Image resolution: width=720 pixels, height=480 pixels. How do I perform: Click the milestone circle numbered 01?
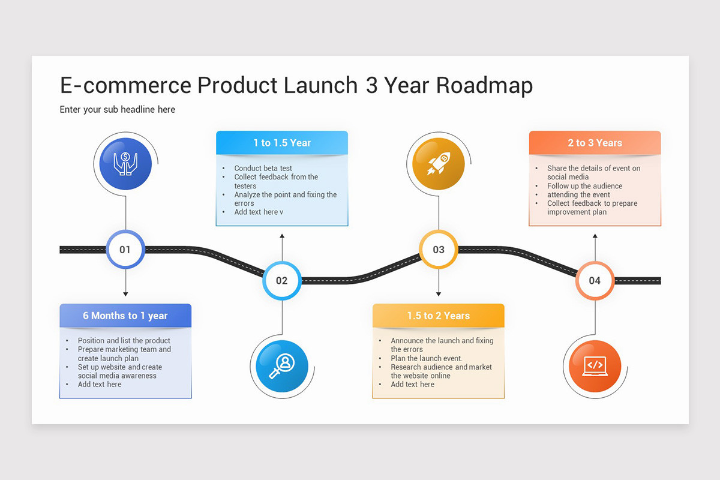pos(125,249)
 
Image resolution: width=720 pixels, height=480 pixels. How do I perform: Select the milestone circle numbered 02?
pos(281,280)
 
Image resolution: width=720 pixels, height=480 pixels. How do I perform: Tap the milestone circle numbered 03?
pos(439,249)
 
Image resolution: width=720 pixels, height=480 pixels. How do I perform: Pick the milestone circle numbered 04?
pos(595,280)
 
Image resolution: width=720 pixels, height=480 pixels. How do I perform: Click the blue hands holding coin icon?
pos(125,164)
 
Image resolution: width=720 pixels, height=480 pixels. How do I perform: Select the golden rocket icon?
pos(439,164)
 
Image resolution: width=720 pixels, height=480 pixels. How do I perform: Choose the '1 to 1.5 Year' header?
pos(281,143)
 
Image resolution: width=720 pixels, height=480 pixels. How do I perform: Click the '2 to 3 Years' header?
pos(595,143)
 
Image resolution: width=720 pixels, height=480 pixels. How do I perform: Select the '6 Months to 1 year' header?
pos(125,316)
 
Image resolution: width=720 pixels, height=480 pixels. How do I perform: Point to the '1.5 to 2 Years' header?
pos(439,316)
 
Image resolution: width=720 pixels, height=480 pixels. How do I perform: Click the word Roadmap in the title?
pos(484,86)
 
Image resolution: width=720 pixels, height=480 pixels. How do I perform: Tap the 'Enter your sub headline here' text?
pos(118,109)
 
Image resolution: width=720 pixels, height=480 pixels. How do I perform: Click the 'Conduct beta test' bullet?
pos(263,168)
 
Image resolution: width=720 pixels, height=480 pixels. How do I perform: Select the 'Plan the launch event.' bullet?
pos(427,358)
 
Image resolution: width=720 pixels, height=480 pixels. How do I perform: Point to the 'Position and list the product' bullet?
pos(124,340)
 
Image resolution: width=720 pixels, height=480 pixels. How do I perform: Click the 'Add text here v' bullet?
pos(259,212)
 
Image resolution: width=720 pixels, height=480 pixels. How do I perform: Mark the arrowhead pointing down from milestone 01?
pos(125,294)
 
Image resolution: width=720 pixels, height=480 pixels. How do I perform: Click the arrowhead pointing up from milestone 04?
pos(595,236)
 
